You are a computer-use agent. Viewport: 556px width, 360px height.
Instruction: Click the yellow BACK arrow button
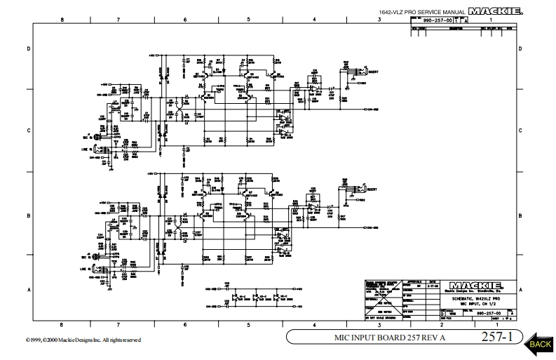click(x=538, y=342)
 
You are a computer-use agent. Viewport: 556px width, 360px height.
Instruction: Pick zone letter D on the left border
click(x=28, y=48)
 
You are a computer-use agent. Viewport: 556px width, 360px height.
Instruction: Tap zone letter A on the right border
click(x=520, y=289)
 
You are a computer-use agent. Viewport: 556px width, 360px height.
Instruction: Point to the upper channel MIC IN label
click(x=86, y=138)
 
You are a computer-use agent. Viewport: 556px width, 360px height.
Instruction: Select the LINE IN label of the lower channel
click(x=86, y=267)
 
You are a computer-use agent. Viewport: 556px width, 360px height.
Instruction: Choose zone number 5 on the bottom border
click(x=248, y=325)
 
